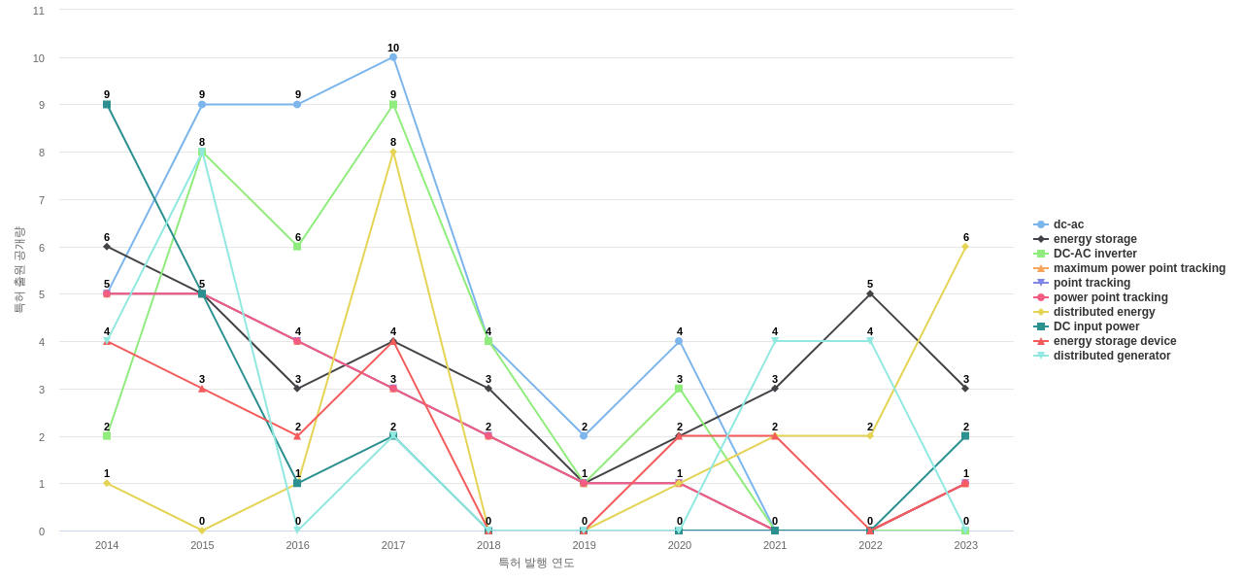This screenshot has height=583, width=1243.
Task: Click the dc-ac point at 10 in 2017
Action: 393,57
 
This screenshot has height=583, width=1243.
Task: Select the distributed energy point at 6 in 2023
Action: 965,247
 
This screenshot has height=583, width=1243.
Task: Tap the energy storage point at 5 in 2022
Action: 870,293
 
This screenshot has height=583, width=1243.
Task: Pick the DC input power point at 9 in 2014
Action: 107,105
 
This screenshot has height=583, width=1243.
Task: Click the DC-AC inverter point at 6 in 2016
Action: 297,247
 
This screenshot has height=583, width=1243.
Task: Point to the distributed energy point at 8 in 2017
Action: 393,152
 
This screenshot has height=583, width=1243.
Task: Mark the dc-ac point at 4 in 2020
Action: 680,341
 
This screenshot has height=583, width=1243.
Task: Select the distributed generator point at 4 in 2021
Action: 775,341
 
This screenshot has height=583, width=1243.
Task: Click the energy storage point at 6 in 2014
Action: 107,247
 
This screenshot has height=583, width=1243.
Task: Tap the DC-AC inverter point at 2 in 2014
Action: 107,436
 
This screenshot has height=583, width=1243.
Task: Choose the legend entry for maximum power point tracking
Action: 1139,268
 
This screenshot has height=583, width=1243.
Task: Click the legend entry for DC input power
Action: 1096,326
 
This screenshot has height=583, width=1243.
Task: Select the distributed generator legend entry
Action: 1112,356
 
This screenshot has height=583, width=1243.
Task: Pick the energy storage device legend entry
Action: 1115,341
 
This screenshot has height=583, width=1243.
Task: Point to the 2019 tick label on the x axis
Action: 585,545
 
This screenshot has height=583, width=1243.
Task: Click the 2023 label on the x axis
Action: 965,545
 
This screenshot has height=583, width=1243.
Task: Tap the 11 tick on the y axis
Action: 39,11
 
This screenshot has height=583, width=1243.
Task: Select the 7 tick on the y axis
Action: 39,200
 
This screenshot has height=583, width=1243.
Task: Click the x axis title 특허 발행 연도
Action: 536,563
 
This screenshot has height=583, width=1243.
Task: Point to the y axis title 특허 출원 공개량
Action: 18,270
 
